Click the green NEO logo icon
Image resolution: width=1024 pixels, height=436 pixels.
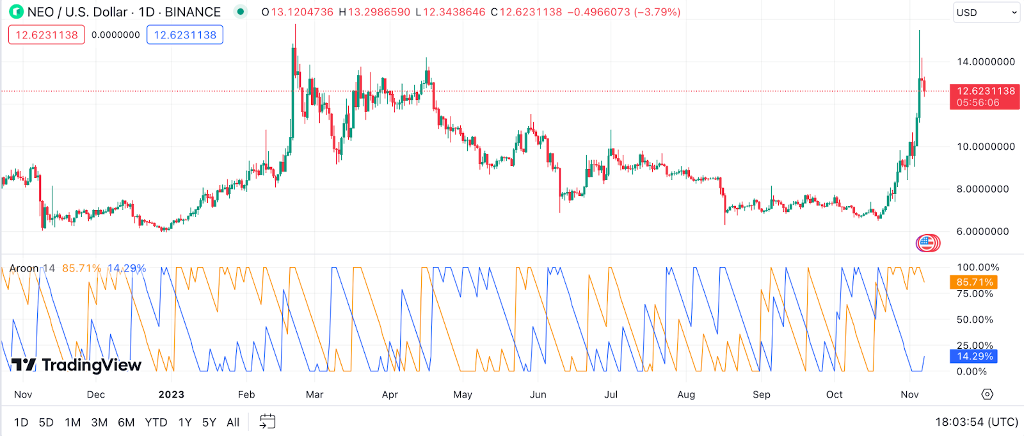pos(16,12)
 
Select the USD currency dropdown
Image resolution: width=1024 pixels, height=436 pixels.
pos(986,12)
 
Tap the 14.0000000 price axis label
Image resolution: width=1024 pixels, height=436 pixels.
pos(986,61)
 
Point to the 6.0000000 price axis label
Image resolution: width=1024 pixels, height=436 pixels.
pos(986,231)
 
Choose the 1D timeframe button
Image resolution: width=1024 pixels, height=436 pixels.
pos(21,422)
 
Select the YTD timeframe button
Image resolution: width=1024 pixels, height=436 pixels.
pos(156,422)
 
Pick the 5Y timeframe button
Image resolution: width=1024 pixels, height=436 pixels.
pos(209,422)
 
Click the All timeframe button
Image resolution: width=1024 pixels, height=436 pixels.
pos(233,422)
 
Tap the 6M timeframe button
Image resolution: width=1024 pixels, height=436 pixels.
pos(126,422)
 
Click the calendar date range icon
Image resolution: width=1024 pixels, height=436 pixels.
pos(268,421)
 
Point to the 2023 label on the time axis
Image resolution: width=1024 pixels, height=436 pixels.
pos(172,394)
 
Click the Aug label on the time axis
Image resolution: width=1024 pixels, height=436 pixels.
pos(686,394)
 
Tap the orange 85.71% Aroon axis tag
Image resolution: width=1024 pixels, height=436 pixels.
pos(973,282)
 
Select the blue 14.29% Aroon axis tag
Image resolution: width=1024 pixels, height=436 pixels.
pos(973,356)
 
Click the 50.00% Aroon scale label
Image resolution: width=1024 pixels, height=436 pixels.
pos(975,319)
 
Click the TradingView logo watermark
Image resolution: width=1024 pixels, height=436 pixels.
pos(77,365)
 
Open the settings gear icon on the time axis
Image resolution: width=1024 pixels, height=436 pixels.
pos(988,394)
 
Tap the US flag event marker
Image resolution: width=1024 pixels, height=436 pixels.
pos(927,243)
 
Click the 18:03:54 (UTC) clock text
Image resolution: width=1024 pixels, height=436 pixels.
pos(976,422)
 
